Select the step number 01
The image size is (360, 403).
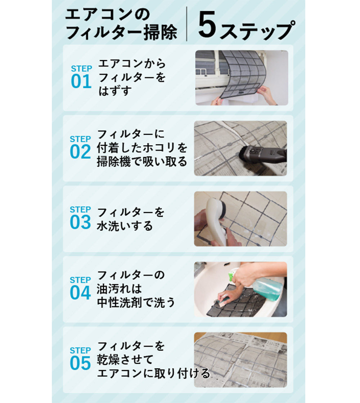click(81, 82)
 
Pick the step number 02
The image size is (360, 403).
click(80, 152)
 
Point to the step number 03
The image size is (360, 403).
click(80, 223)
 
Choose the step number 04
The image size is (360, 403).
click(80, 293)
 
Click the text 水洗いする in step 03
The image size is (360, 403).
click(125, 226)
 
